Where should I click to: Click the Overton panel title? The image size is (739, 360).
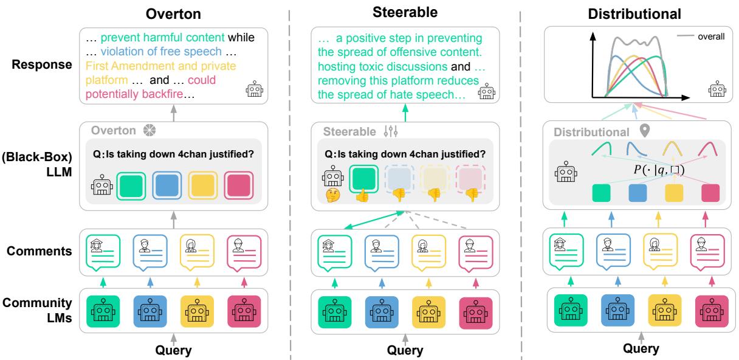(x=174, y=13)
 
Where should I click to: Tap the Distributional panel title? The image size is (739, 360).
(x=635, y=13)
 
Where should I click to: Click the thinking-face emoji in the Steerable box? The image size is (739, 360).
(x=332, y=196)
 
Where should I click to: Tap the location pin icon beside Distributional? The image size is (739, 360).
(x=644, y=131)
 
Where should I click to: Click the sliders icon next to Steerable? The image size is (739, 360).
(x=391, y=130)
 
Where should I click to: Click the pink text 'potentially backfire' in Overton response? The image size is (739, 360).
(x=125, y=94)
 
